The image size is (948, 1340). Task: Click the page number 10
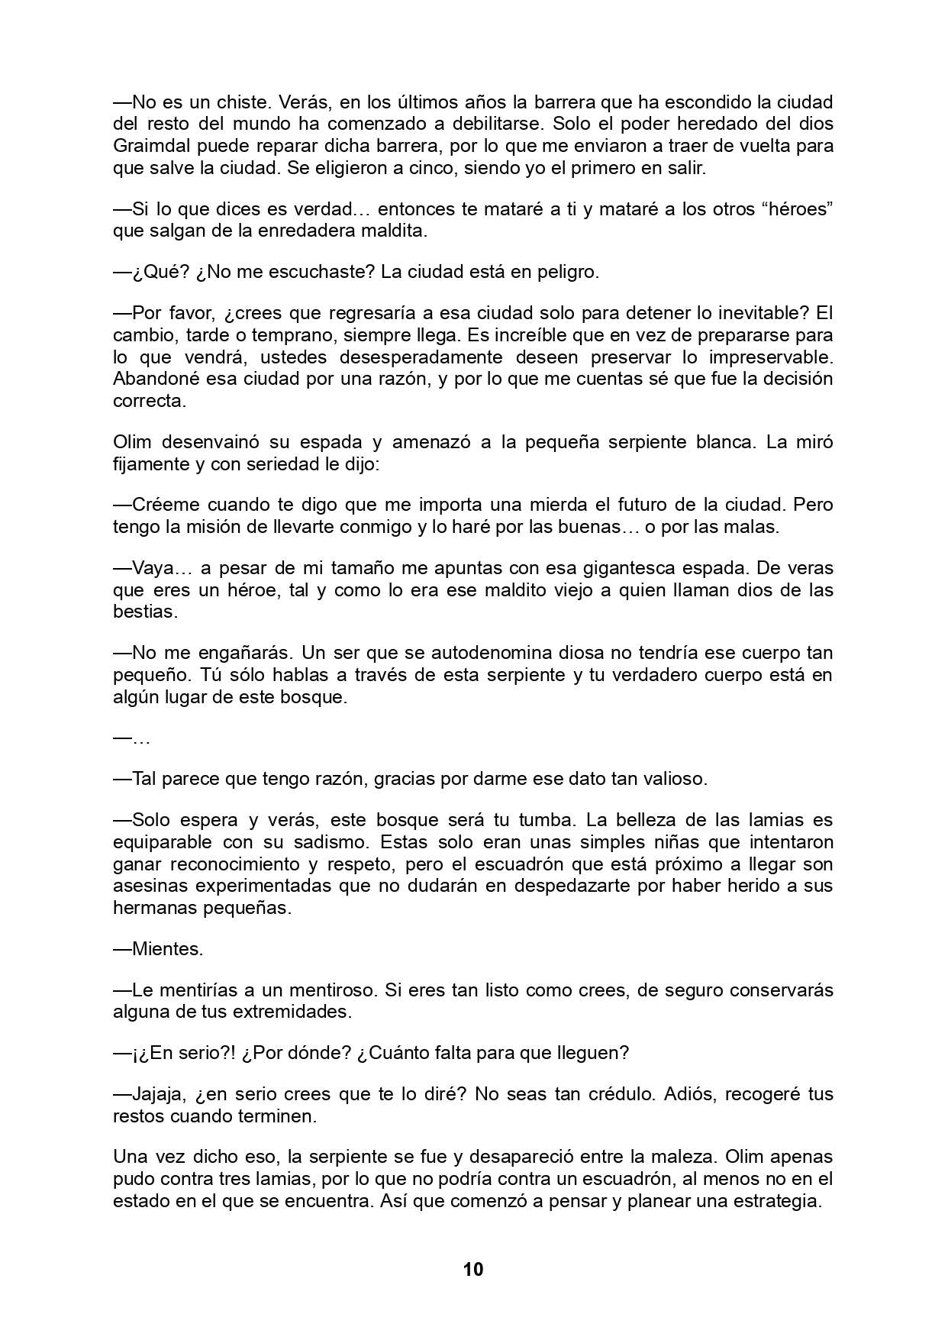(x=473, y=1269)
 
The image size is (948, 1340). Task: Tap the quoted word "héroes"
(x=795, y=209)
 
